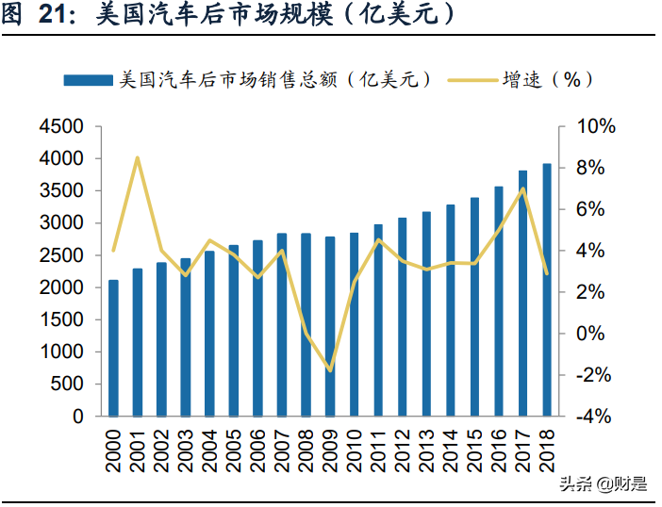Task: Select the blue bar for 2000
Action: [x=113, y=348]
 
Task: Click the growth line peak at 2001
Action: [x=138, y=157]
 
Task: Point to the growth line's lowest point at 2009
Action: [x=330, y=370]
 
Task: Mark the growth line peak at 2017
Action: [x=522, y=188]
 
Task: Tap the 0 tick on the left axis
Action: [x=77, y=416]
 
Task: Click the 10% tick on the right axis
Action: [x=596, y=126]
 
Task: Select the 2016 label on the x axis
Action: [x=500, y=450]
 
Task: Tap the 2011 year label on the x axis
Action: [x=379, y=450]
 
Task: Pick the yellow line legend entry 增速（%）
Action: [x=528, y=80]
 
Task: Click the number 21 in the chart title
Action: [x=55, y=16]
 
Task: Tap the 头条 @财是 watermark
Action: [x=603, y=485]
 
